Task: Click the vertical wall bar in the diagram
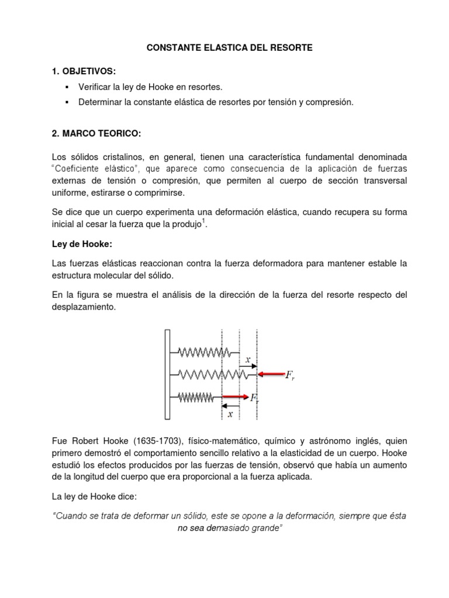point(167,374)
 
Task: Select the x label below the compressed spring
point(230,414)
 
